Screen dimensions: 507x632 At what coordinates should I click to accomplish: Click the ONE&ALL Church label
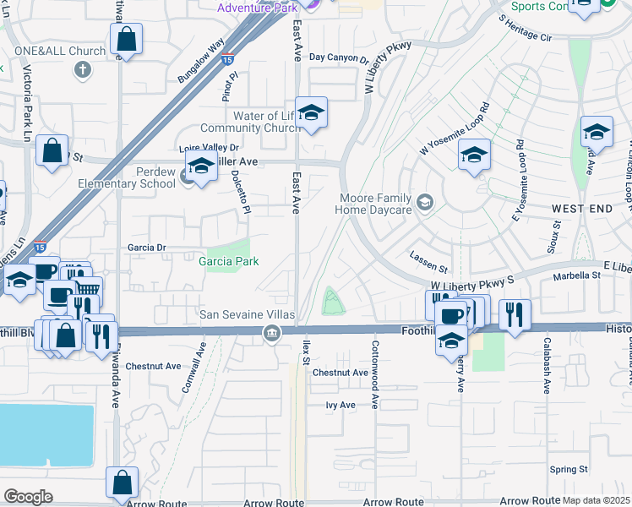pos(59,51)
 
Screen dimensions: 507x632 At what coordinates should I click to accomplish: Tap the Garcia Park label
pos(228,262)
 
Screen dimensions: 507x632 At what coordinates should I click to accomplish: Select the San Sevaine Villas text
pos(246,315)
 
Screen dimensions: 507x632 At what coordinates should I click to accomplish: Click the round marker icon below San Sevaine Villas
pos(271,332)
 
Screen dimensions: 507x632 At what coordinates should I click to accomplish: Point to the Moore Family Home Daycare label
pos(375,204)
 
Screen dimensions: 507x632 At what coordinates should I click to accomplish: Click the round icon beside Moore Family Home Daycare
pos(425,202)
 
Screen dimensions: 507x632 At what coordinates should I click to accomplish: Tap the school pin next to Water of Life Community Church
pos(311,113)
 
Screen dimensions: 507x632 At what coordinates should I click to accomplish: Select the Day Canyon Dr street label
pos(339,58)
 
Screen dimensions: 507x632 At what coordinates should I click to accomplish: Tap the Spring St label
pos(568,469)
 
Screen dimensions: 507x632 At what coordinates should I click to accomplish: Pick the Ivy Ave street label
pos(341,405)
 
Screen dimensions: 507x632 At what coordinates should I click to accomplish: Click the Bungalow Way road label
pos(201,60)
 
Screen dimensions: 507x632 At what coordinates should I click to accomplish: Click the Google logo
pos(28,497)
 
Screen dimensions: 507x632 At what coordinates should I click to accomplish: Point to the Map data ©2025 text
pos(596,499)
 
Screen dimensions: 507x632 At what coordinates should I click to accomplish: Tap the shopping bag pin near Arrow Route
pos(122,482)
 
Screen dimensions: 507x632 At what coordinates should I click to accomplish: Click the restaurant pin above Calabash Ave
pos(515,313)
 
